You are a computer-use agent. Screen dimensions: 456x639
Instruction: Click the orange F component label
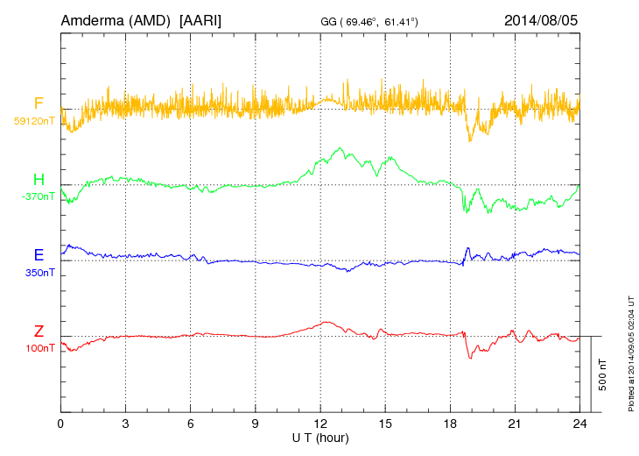point(39,103)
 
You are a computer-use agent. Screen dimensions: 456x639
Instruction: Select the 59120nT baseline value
point(34,120)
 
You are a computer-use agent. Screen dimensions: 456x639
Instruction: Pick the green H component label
point(39,180)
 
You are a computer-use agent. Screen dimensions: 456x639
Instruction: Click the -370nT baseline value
point(38,196)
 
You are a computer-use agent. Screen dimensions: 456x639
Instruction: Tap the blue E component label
point(39,255)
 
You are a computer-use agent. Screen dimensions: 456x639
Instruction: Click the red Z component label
point(39,331)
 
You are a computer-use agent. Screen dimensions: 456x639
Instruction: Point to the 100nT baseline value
point(39,348)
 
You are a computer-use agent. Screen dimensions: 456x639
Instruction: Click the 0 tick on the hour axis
point(60,424)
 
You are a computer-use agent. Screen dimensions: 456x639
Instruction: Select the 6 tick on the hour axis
point(190,424)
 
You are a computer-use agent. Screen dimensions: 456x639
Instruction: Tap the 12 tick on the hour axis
point(320,424)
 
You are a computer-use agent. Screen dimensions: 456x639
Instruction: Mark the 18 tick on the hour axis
point(450,424)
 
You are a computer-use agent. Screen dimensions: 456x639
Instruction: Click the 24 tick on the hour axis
point(579,424)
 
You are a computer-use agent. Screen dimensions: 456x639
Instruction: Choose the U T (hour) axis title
point(320,437)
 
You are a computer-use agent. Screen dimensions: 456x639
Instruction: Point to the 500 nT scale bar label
point(603,374)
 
